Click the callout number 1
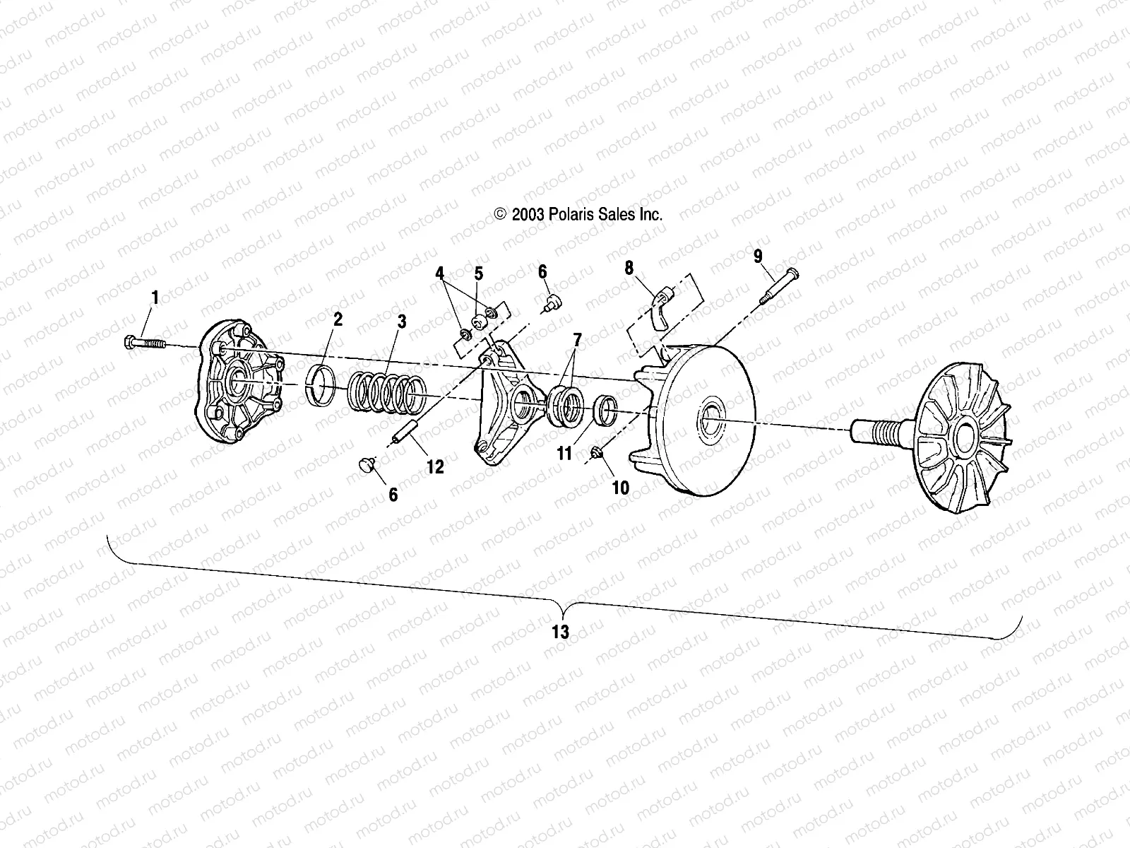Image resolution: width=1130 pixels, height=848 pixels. click(155, 298)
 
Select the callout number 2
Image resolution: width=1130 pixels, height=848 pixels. click(338, 319)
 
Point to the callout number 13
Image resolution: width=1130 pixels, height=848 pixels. click(560, 631)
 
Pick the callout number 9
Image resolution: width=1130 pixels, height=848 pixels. click(758, 255)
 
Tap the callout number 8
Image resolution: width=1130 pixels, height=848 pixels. click(629, 267)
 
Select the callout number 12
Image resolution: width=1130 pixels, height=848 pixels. click(435, 466)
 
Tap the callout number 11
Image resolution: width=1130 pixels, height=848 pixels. click(564, 453)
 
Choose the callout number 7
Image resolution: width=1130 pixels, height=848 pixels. click(577, 340)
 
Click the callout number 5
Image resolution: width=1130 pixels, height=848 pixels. click(478, 273)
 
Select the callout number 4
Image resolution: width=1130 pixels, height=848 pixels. click(439, 273)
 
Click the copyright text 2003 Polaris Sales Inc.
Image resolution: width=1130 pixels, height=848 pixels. click(578, 215)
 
